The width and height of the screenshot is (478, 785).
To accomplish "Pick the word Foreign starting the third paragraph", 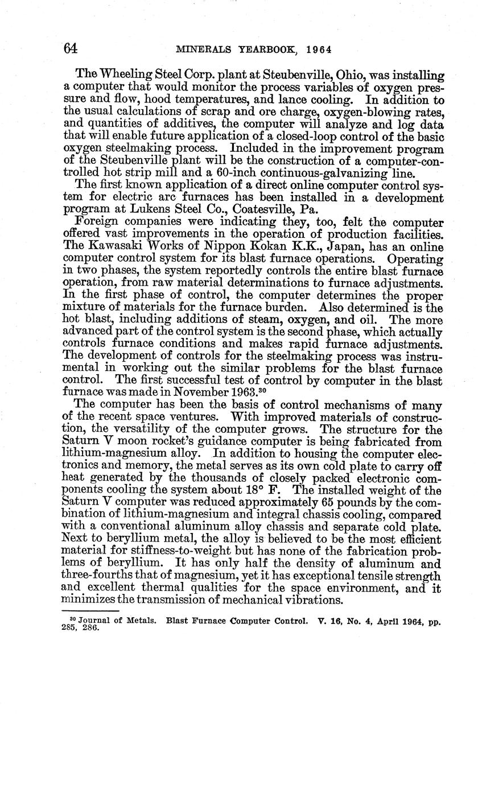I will click(96, 222).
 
